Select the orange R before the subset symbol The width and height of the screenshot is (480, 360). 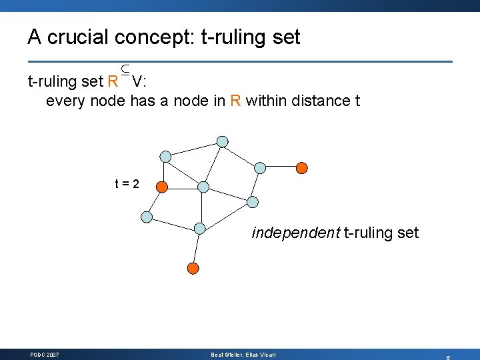click(113, 82)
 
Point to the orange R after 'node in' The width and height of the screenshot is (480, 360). click(235, 101)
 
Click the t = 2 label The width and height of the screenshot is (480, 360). click(126, 183)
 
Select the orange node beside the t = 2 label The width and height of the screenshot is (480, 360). click(162, 187)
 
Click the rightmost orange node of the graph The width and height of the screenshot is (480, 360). click(302, 167)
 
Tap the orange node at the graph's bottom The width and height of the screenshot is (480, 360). click(193, 269)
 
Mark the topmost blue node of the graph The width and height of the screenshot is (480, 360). click(223, 141)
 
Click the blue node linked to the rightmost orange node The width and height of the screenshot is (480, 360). click(261, 167)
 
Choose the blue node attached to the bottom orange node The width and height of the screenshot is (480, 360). click(199, 228)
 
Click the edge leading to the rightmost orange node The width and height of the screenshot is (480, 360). click(281, 167)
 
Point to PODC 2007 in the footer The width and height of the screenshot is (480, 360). click(45, 355)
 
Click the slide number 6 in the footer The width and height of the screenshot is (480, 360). click(448, 357)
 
